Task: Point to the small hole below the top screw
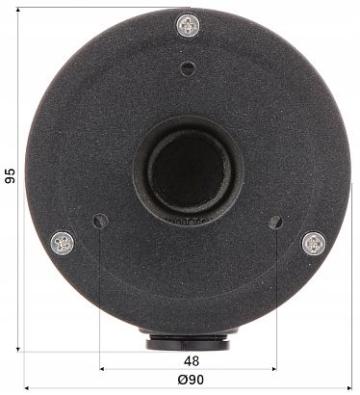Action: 187,67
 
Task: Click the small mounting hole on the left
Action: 99,222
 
